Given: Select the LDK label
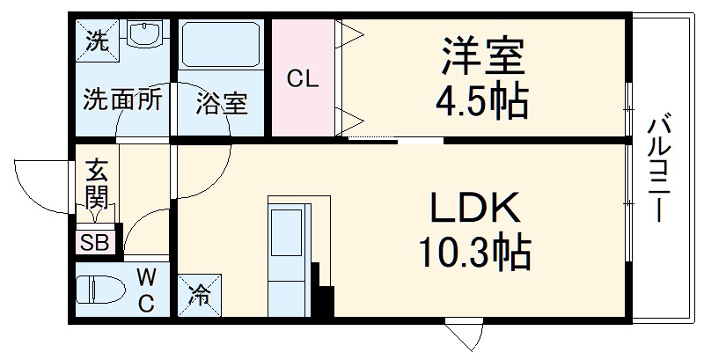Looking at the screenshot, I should tap(476, 209).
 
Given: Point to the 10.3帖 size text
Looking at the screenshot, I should tap(475, 254).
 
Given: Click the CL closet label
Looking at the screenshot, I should tap(303, 78).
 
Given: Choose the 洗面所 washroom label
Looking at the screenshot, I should tap(121, 100).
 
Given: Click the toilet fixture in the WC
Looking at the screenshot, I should tap(99, 291).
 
